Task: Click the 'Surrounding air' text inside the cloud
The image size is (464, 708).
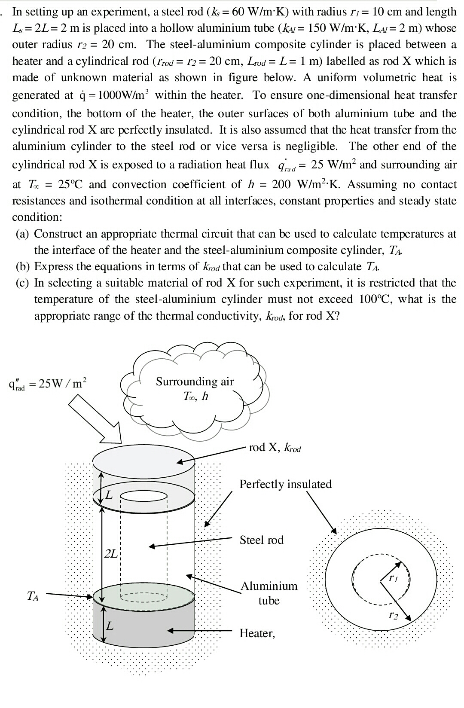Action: pyautogui.click(x=195, y=381)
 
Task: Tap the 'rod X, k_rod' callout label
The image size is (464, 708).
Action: pyautogui.click(x=275, y=448)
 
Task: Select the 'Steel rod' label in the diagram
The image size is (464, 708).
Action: pyautogui.click(x=261, y=540)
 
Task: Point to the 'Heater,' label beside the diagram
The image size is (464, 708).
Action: pyautogui.click(x=256, y=633)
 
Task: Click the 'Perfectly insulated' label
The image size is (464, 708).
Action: pyautogui.click(x=285, y=484)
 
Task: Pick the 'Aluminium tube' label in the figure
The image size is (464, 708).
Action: pyautogui.click(x=269, y=593)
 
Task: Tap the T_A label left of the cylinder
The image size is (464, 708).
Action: pyautogui.click(x=33, y=596)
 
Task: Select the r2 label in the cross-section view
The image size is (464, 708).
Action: pyautogui.click(x=393, y=616)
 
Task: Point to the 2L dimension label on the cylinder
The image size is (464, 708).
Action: pyautogui.click(x=111, y=553)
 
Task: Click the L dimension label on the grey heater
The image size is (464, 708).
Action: pyautogui.click(x=110, y=626)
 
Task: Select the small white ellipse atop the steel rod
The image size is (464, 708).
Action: pyautogui.click(x=143, y=496)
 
